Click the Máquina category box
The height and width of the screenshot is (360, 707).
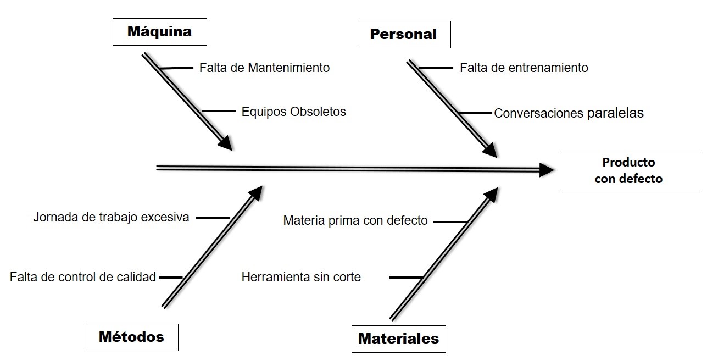(x=159, y=31)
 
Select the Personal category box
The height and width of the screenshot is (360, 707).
(x=403, y=34)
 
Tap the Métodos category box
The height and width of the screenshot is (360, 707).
(x=131, y=336)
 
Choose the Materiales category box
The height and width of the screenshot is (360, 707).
(x=398, y=339)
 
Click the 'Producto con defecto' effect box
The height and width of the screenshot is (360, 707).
(x=628, y=170)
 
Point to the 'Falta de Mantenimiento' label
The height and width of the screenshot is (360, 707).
(x=264, y=68)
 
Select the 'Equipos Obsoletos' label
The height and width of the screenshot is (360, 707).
(x=294, y=112)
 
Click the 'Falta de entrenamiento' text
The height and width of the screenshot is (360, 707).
(x=524, y=68)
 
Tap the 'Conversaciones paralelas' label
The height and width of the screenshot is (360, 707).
(x=569, y=113)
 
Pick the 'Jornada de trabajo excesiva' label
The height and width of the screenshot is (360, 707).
(x=111, y=217)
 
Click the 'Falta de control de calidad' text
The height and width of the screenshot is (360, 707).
(x=83, y=277)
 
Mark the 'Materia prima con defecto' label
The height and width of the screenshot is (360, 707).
(x=355, y=221)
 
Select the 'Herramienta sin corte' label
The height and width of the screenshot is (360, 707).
(x=301, y=277)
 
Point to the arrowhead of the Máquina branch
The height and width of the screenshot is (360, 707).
(x=225, y=143)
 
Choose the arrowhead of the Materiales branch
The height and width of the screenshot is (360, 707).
(x=491, y=194)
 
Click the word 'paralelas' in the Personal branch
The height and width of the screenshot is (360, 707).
(x=615, y=113)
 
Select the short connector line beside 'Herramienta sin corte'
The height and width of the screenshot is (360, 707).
(x=405, y=278)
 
